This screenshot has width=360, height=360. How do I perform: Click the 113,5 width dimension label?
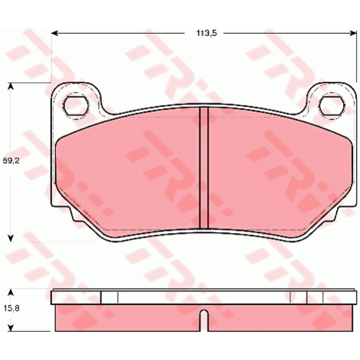point(207,33)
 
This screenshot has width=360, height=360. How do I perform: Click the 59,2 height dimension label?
point(11,161)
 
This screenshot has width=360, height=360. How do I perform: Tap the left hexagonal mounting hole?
point(76,106)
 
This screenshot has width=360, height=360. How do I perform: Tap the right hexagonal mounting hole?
point(332,106)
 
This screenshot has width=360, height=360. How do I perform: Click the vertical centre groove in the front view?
point(204,167)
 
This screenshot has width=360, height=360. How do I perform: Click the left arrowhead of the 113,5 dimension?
point(54,33)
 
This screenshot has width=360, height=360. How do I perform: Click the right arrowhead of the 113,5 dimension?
point(353,33)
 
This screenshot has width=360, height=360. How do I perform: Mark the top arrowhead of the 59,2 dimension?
point(10,86)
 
